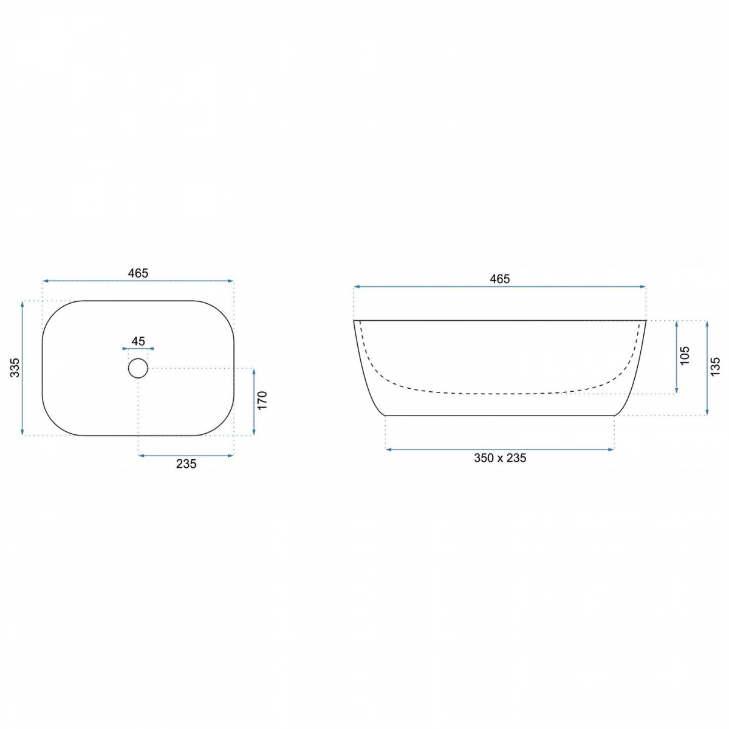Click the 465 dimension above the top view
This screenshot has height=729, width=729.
click(138, 273)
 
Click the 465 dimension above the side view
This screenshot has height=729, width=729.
click(499, 279)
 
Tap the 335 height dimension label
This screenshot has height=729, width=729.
click(15, 368)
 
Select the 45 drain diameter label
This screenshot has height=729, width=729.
click(138, 341)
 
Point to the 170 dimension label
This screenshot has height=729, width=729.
click(262, 400)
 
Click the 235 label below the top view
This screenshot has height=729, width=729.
click(186, 464)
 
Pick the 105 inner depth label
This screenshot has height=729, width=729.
click(685, 355)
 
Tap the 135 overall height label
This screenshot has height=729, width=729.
click(716, 366)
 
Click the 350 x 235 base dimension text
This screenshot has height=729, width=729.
click(500, 458)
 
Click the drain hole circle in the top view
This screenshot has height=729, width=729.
click(138, 369)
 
